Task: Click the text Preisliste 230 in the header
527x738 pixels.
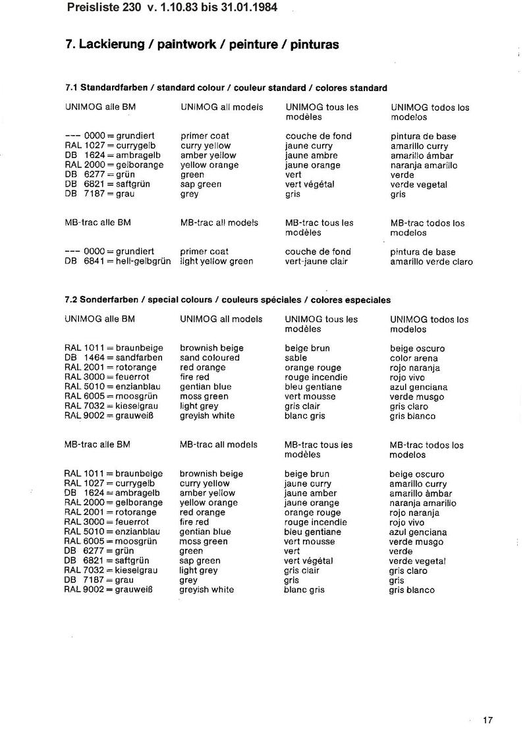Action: pyautogui.click(x=103, y=9)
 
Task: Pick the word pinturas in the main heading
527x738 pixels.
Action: pyautogui.click(x=312, y=45)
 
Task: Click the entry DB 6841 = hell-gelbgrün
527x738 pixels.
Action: pyautogui.click(x=117, y=261)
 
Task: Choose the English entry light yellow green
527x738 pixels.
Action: pyautogui.click(x=217, y=261)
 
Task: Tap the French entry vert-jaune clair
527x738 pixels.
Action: pyautogui.click(x=316, y=261)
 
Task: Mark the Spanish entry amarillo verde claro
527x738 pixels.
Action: pyautogui.click(x=431, y=262)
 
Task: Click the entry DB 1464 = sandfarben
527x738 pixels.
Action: pyautogui.click(x=113, y=358)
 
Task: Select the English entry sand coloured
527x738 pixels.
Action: pyautogui.click(x=209, y=358)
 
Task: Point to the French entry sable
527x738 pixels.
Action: pyautogui.click(x=296, y=358)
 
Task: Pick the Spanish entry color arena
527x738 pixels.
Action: pyautogui.click(x=414, y=358)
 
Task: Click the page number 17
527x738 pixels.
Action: pyautogui.click(x=487, y=720)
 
